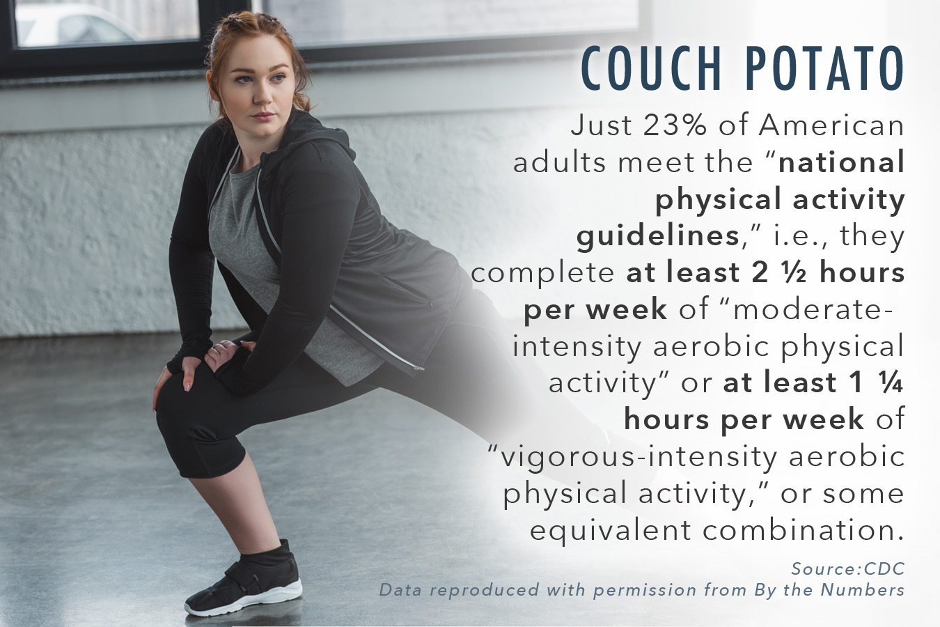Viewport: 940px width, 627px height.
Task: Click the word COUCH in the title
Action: (651, 68)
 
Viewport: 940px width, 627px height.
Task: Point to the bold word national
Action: (841, 162)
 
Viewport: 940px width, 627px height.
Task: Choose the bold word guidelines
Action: (657, 235)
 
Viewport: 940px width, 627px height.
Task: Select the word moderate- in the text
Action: (812, 309)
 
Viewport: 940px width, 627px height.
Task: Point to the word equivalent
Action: (611, 531)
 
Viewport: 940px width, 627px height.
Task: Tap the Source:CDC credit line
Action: (847, 568)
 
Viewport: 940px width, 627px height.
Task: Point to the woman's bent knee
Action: (172, 399)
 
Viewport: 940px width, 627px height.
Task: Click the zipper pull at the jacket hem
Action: (418, 369)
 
